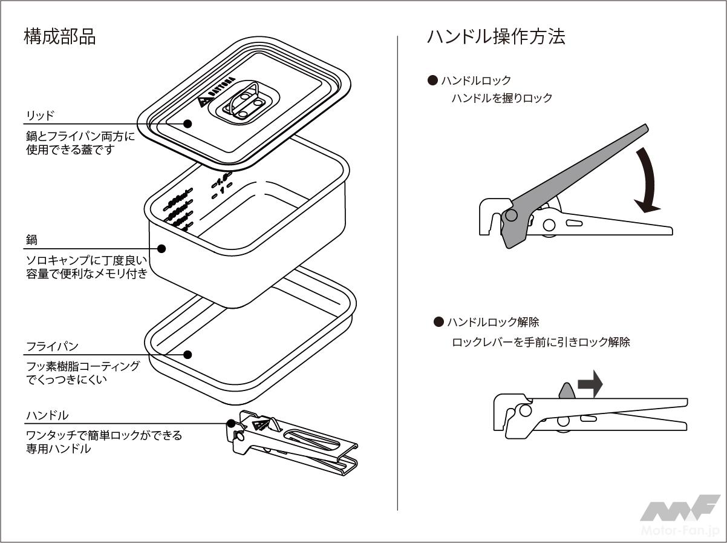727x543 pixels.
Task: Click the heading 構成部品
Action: (59, 36)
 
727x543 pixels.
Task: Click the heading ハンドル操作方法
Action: (495, 36)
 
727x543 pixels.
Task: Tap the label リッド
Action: (41, 115)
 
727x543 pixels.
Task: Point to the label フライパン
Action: (52, 347)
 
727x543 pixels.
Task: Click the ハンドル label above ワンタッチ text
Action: (47, 415)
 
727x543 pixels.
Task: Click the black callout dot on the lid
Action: (187, 123)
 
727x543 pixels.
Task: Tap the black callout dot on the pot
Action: (161, 248)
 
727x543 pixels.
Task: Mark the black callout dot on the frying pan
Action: (187, 355)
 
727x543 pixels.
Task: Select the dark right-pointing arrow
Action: (590, 384)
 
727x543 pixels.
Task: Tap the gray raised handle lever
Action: (575, 176)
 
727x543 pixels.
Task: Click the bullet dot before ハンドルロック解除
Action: (438, 322)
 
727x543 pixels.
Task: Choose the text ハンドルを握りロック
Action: (501, 98)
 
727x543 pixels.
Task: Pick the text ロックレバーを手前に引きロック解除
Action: (541, 342)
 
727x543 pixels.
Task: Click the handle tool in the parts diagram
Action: (293, 445)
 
